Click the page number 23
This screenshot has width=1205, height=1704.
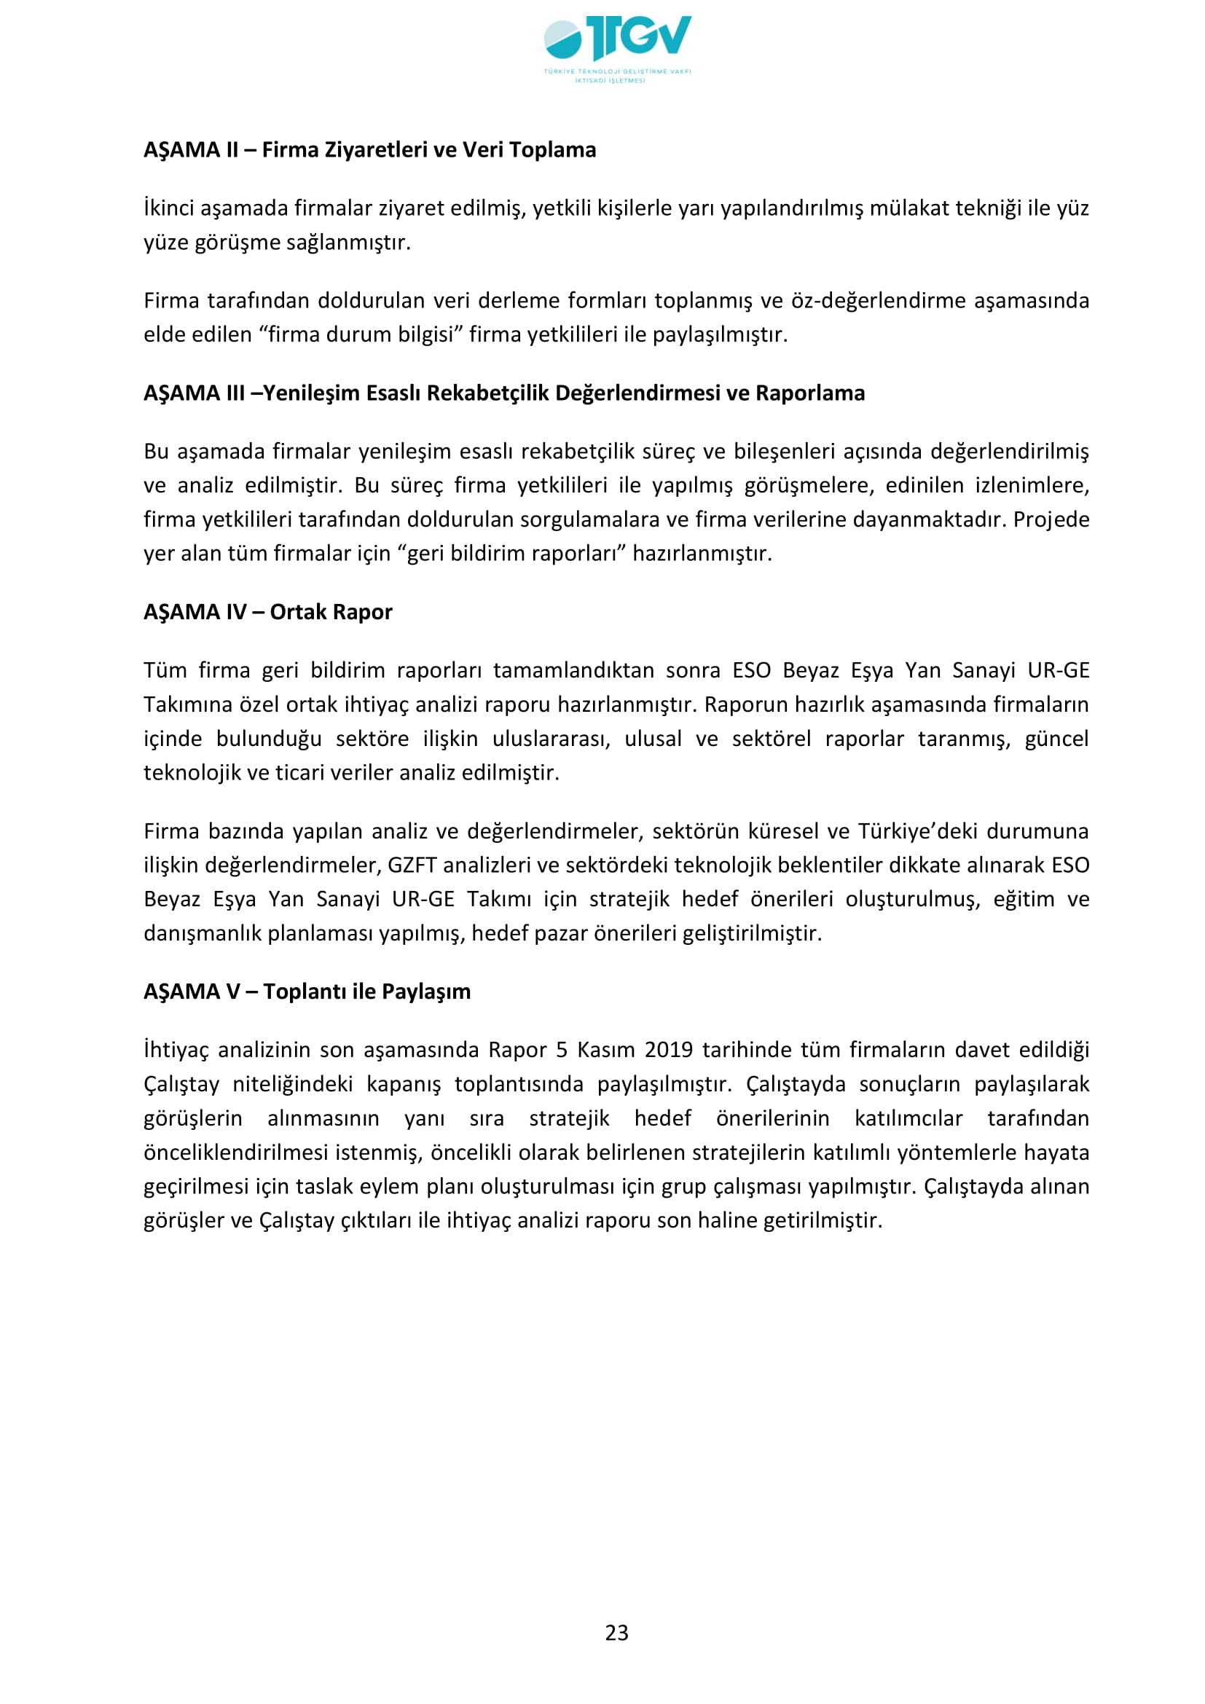coord(616,1632)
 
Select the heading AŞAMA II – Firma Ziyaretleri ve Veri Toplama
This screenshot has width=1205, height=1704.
coord(369,150)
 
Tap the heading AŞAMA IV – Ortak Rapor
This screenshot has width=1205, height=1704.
coord(268,611)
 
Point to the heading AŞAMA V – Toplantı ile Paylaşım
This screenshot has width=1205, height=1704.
coord(307,992)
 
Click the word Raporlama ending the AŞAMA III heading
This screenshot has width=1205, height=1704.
coord(809,393)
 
